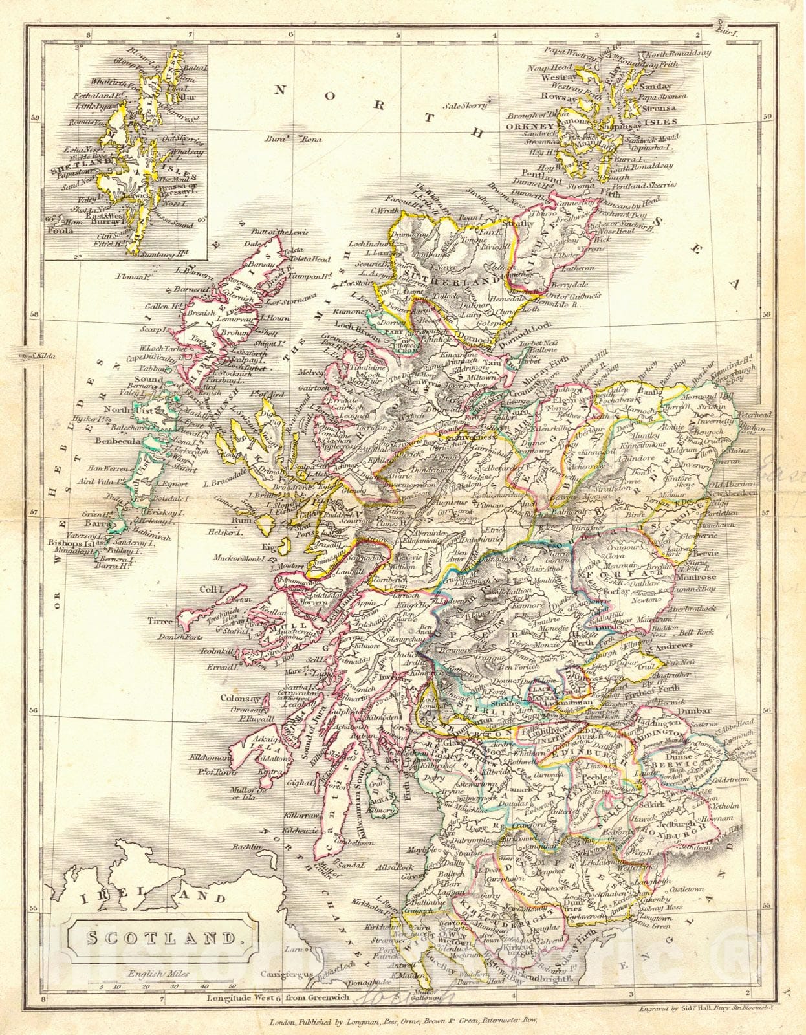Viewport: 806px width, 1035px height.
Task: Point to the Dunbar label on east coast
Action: pyautogui.click(x=696, y=710)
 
